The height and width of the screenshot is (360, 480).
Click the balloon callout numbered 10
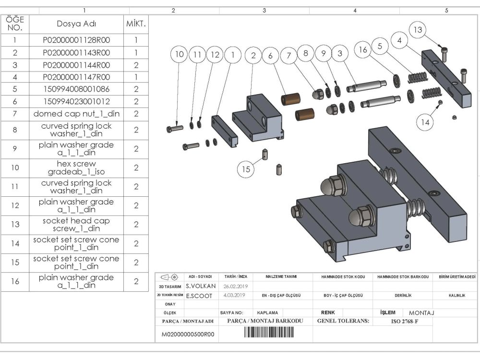tap(179, 55)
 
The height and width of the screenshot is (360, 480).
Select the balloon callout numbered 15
tap(246, 169)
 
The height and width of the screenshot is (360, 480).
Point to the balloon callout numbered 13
tap(418, 30)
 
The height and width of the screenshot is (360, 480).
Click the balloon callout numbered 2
tap(253, 56)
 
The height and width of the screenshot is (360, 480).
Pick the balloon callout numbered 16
tap(363, 50)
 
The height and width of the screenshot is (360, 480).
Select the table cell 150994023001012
tap(76, 101)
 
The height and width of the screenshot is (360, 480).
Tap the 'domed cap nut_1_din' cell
tap(76, 114)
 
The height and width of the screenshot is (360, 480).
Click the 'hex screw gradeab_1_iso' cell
tap(76, 168)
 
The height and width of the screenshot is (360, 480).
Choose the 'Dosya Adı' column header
tap(76, 24)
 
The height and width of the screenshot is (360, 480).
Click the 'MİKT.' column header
tap(136, 24)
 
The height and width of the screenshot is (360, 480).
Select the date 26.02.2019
tap(235, 286)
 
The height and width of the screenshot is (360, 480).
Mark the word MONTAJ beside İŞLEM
tap(421, 313)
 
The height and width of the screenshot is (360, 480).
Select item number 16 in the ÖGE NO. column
tap(15, 281)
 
